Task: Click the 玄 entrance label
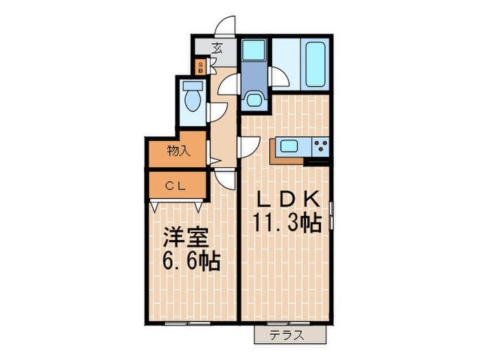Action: [x=217, y=47]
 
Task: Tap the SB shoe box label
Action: [x=200, y=67]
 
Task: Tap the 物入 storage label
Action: [x=178, y=151]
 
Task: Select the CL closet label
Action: [x=176, y=184]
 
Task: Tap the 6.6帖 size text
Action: [x=191, y=261]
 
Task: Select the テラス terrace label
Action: [x=288, y=335]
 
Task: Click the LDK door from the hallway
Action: [x=249, y=146]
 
